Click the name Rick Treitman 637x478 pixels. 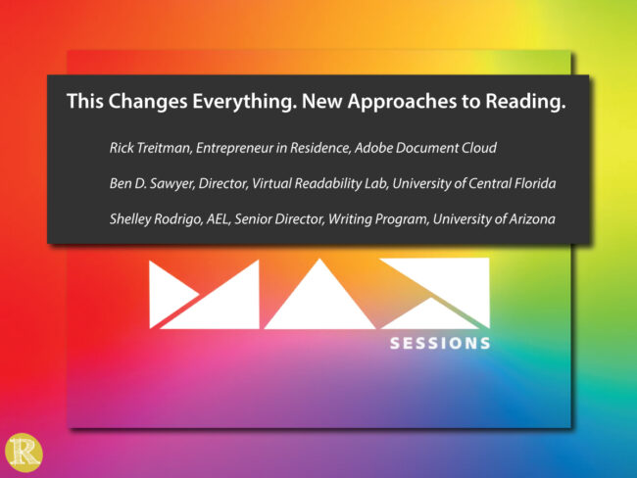pyautogui.click(x=149, y=148)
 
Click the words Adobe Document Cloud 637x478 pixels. pyautogui.click(x=432, y=148)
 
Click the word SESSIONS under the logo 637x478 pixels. pyautogui.click(x=440, y=344)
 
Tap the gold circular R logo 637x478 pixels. pyautogui.click(x=22, y=453)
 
